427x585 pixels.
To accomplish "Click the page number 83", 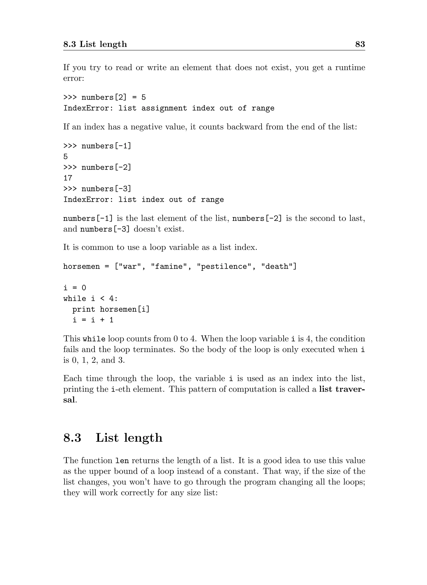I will tap(360, 44).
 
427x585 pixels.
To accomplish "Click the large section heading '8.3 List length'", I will tap(113, 438).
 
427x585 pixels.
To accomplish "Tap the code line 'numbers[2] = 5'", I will tap(104, 97).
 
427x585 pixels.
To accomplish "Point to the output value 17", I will tap(68, 178).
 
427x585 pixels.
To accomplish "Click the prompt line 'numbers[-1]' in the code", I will tap(97, 146).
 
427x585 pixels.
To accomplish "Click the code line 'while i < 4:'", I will tap(90, 299).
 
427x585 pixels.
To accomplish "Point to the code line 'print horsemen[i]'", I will tap(111, 309).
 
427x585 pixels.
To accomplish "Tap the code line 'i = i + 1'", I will tap(93, 320).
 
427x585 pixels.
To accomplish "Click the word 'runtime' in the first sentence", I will tap(350, 68).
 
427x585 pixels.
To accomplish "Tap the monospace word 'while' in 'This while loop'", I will tap(94, 339).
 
